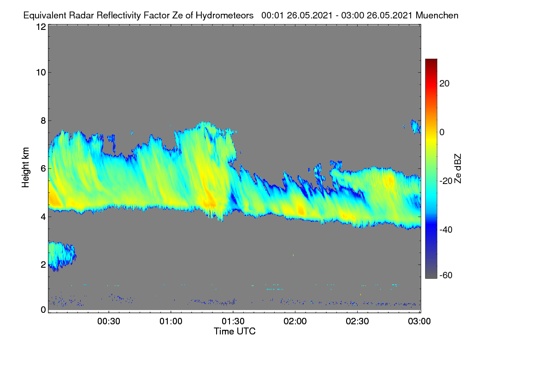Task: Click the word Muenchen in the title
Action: point(437,15)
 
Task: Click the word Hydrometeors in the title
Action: point(224,15)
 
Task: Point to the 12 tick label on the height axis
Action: point(41,27)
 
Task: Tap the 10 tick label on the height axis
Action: point(41,73)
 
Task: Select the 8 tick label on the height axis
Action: point(43,121)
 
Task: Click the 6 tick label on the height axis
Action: point(43,169)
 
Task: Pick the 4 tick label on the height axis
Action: point(43,217)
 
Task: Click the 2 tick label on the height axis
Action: point(43,264)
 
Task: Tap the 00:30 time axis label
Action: point(109,321)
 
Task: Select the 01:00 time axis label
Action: point(171,321)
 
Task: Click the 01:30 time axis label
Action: point(233,321)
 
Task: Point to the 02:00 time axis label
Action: point(295,321)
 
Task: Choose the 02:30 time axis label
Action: point(357,321)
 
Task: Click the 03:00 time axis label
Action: point(419,321)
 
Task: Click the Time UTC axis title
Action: point(235,331)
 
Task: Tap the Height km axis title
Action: point(25,167)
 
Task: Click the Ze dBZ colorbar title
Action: point(458,169)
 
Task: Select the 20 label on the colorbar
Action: point(444,84)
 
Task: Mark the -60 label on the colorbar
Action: point(446,276)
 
